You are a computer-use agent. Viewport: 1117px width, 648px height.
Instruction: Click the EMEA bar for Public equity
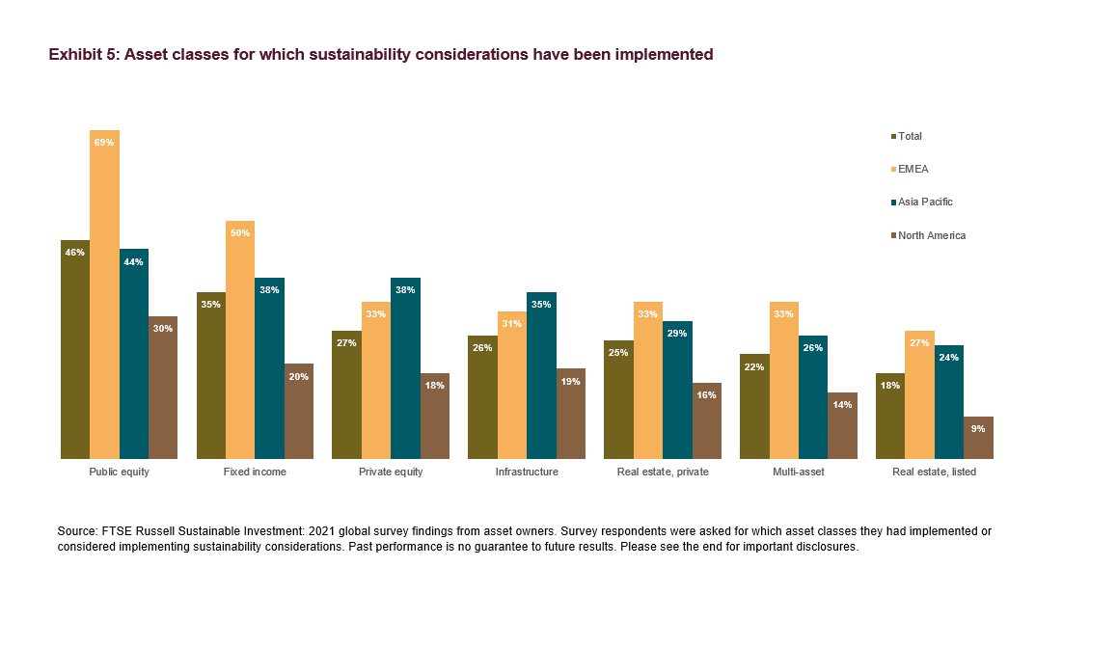(x=104, y=299)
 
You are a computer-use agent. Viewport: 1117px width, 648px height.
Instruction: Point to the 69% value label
(x=104, y=143)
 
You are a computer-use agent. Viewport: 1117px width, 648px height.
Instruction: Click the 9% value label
(x=978, y=428)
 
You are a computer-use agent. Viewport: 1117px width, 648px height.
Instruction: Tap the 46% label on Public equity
(x=75, y=253)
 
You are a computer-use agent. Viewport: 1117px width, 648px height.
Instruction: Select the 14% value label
(x=842, y=405)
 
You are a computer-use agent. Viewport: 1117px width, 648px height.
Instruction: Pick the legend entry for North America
(x=931, y=236)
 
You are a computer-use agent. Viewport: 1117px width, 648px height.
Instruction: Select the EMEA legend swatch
(x=893, y=170)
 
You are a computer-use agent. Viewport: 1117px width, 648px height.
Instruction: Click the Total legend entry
(x=910, y=137)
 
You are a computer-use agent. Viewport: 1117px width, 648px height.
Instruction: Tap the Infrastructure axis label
(x=527, y=472)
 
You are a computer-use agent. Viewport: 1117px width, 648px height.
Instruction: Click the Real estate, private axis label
(x=663, y=472)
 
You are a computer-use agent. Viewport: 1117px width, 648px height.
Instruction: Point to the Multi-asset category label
(x=799, y=472)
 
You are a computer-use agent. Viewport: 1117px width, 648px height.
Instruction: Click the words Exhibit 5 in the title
(x=83, y=55)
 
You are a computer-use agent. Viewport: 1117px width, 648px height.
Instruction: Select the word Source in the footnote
(x=78, y=531)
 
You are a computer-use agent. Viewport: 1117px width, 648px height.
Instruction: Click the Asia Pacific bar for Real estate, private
(x=677, y=391)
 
